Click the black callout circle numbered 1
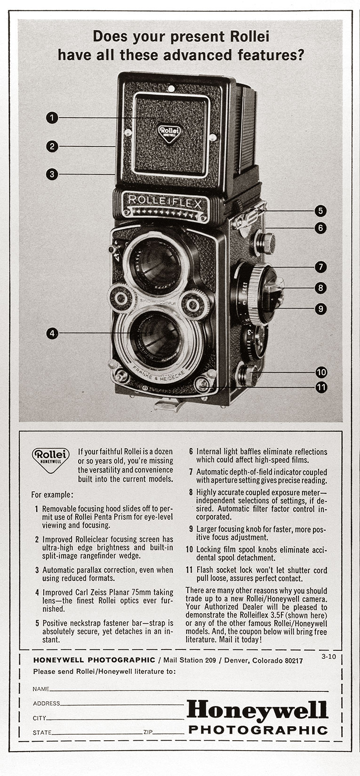click(52, 117)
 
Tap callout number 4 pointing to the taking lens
click(52, 333)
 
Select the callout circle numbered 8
click(320, 288)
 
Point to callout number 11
click(321, 388)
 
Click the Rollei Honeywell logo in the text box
click(51, 458)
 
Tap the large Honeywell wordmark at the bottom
click(257, 710)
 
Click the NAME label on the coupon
click(41, 689)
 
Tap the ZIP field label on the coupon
click(148, 733)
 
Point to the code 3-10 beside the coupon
click(328, 656)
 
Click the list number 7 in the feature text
click(191, 472)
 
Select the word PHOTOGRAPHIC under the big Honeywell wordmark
click(258, 730)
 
